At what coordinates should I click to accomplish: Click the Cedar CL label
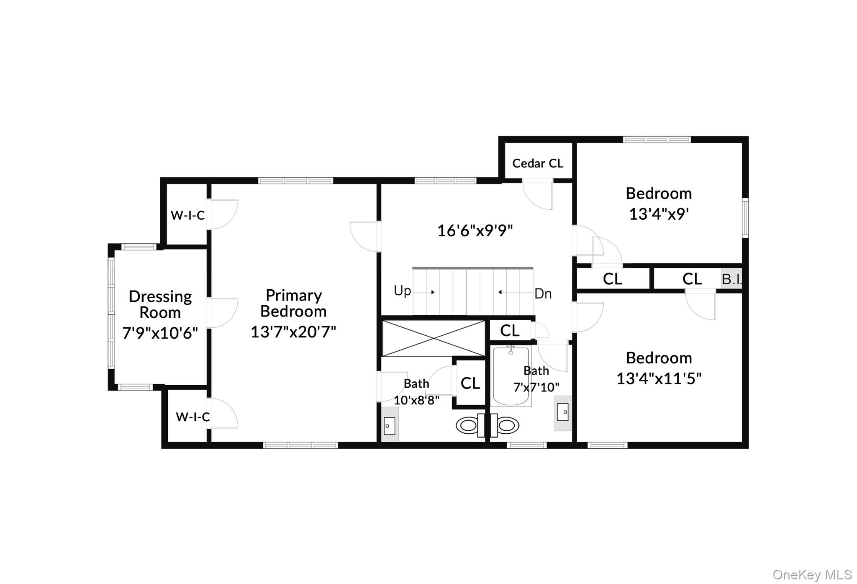(x=538, y=163)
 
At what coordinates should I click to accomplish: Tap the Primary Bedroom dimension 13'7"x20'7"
(x=293, y=332)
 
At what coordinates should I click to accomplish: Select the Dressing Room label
(x=160, y=304)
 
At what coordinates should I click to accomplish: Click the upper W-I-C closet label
(x=187, y=215)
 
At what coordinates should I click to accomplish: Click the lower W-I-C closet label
(x=192, y=417)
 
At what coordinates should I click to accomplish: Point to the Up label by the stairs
(x=402, y=291)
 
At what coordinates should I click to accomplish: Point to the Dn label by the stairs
(x=543, y=294)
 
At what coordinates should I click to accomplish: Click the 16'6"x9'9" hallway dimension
(x=475, y=231)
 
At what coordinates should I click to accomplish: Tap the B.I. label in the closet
(x=731, y=279)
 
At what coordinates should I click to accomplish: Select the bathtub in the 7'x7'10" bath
(x=511, y=376)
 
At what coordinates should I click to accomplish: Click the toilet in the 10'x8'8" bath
(x=467, y=425)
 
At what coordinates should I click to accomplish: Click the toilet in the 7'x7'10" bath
(x=507, y=425)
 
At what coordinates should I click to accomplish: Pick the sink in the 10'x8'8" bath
(x=390, y=426)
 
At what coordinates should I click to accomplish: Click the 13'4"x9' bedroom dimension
(x=659, y=214)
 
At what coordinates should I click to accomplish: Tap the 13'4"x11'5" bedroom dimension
(x=659, y=378)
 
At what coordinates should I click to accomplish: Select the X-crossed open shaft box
(x=433, y=339)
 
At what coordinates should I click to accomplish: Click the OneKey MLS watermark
(x=812, y=575)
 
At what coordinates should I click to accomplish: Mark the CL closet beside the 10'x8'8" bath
(x=470, y=383)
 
